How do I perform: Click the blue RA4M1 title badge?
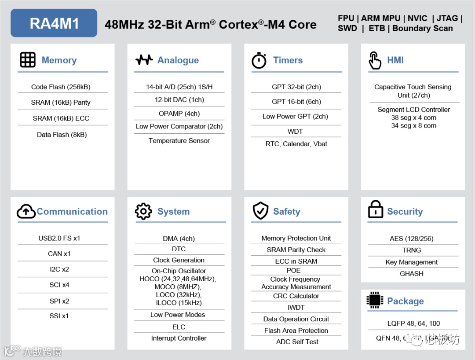54,23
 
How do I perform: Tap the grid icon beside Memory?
28,60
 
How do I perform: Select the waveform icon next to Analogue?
144,60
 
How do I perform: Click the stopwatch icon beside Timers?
259,60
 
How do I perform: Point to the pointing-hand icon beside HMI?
375,60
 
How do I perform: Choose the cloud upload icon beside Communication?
26,212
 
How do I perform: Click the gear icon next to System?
143,212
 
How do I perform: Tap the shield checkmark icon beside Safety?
260,211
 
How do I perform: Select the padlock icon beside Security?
375,210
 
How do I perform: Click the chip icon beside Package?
375,300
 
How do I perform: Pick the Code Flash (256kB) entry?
61,87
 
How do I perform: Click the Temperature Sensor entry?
179,141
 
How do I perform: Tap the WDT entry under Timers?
295,131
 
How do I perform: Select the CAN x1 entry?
59,253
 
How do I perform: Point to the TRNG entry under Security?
412,250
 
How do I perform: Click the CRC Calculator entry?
296,296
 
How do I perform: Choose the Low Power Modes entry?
178,315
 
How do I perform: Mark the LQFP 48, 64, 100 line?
413,323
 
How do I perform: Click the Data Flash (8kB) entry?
62,135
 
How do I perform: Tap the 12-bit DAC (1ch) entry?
179,99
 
